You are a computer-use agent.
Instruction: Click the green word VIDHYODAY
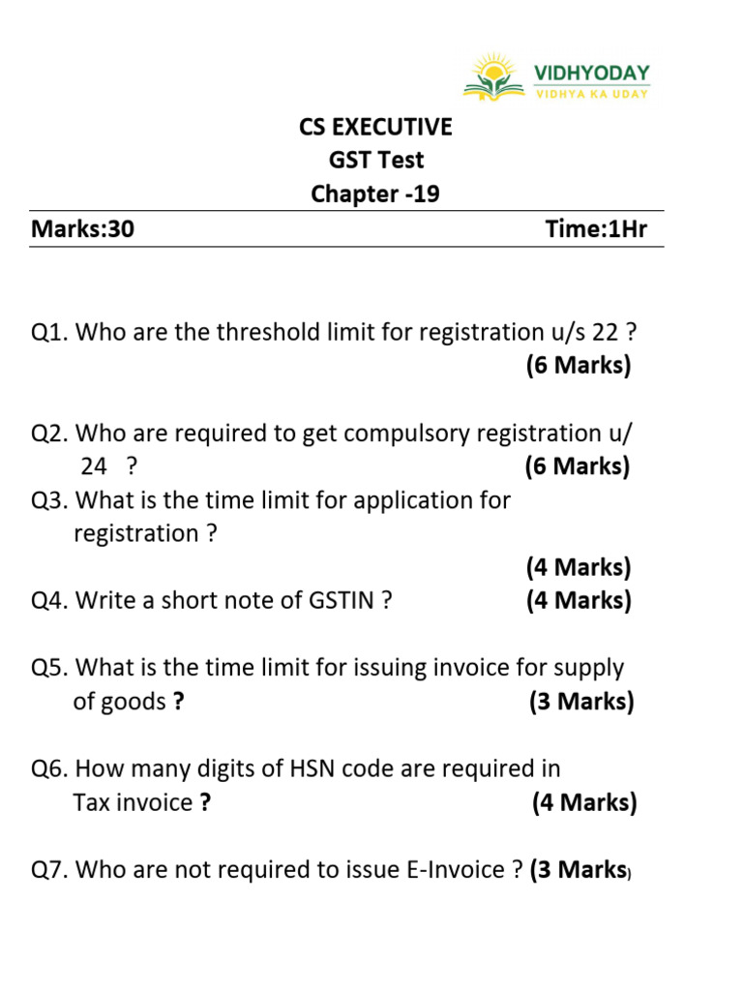tap(592, 73)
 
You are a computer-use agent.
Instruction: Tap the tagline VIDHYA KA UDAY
tap(592, 93)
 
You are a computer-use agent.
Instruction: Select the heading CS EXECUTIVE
tap(375, 127)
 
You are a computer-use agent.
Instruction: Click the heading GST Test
tap(375, 161)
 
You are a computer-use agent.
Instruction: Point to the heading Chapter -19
tap(375, 195)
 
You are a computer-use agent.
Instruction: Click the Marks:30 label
tap(82, 230)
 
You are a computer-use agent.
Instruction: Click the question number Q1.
tap(49, 333)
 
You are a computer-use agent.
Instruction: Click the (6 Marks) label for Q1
tap(578, 366)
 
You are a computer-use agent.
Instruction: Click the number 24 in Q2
tap(94, 466)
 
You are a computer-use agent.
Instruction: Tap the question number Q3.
tap(49, 500)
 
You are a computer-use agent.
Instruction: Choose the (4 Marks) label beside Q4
tap(579, 601)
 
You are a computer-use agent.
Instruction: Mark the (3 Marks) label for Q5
tap(581, 702)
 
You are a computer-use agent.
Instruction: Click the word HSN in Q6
tap(312, 769)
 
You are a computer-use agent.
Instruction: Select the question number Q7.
tap(49, 870)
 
